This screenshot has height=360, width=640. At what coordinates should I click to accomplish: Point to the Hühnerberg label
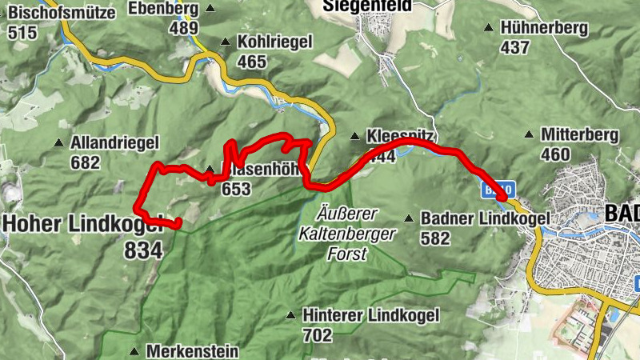click(x=543, y=28)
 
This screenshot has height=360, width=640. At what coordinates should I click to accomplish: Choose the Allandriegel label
click(x=115, y=143)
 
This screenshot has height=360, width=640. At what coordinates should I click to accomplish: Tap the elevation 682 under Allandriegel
click(x=86, y=162)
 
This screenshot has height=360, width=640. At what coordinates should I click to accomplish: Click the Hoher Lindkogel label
click(x=80, y=223)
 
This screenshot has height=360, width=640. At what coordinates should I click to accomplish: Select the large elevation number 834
click(x=143, y=250)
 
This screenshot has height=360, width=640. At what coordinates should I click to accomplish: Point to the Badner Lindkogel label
click(x=485, y=218)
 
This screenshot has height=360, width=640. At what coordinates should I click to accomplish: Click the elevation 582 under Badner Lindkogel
click(x=435, y=238)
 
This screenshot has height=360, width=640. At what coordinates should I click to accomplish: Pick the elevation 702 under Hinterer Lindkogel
click(x=318, y=334)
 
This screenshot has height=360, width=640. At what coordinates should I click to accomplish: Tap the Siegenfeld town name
click(x=367, y=6)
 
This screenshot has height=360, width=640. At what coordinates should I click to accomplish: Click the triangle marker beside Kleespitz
click(x=354, y=136)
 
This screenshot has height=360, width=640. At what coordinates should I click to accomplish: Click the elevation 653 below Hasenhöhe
click(x=237, y=190)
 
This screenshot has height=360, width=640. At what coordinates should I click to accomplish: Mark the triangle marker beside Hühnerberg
click(x=488, y=28)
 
